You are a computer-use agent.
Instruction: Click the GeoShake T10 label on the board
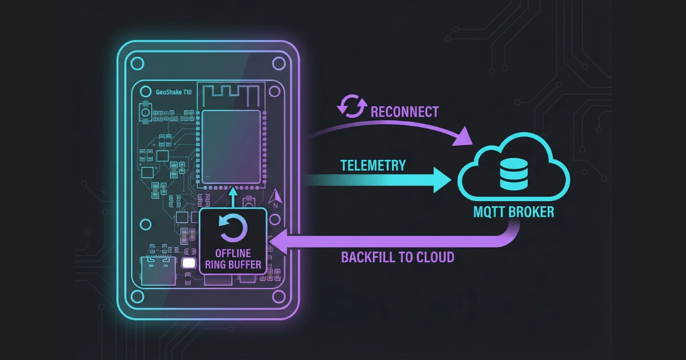[x=174, y=91]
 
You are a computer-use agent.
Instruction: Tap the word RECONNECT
[x=405, y=111]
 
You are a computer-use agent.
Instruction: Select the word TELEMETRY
[x=373, y=166]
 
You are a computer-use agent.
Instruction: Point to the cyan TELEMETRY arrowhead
[x=442, y=179]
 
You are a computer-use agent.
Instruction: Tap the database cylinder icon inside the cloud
[x=513, y=174]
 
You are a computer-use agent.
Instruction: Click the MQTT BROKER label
[x=513, y=212]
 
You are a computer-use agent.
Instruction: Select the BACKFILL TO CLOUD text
[x=397, y=257]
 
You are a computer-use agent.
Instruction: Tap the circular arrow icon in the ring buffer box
[x=233, y=228]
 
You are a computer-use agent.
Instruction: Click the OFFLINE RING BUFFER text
[x=233, y=258]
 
